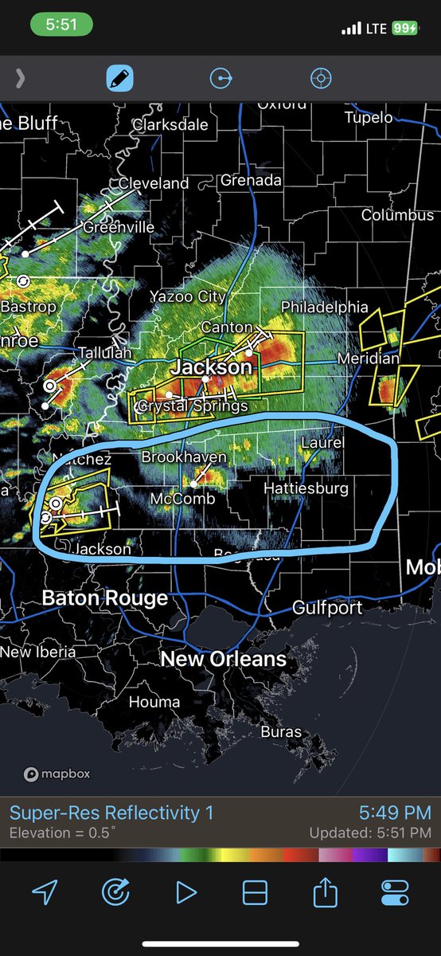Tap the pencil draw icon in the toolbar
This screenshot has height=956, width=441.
(120, 78)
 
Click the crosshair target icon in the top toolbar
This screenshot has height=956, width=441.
(320, 78)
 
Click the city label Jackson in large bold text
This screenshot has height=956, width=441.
(211, 367)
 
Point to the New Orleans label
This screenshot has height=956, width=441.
(223, 659)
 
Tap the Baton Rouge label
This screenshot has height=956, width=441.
(104, 597)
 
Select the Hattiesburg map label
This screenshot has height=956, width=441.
(306, 488)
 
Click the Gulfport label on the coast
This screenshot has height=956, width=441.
(327, 608)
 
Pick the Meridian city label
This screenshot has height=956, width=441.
(368, 358)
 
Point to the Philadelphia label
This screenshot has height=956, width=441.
(325, 307)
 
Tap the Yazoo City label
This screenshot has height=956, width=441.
(188, 296)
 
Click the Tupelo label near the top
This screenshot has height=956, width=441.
(369, 117)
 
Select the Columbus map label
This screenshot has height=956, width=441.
(397, 214)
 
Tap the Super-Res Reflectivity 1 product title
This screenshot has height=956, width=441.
(111, 813)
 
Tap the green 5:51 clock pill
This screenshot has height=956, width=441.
(60, 25)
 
